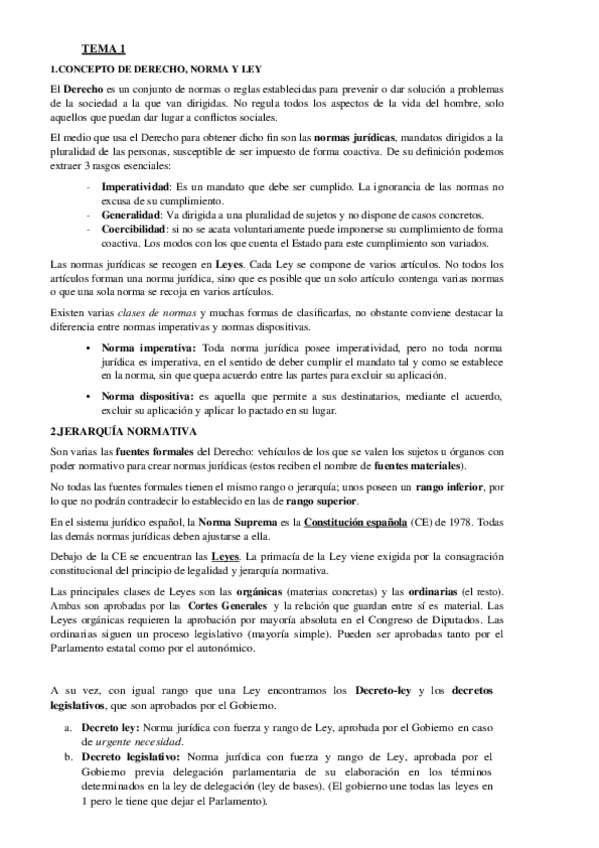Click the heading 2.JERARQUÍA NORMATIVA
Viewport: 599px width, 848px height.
(x=122, y=431)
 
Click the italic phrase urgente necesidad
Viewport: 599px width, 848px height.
(x=143, y=742)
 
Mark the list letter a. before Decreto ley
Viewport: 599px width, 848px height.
(x=68, y=728)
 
